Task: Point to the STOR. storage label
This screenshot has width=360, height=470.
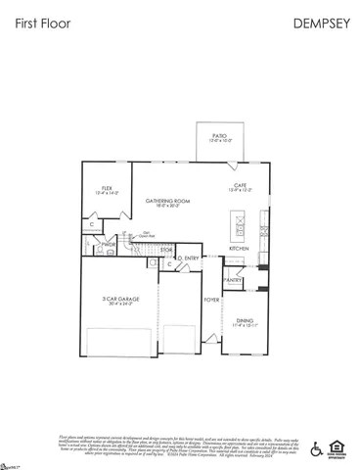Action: point(166,250)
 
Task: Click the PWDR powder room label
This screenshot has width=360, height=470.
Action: point(95,244)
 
